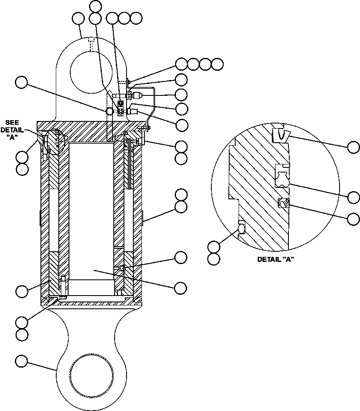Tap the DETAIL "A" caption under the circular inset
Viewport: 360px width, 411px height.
tap(276, 259)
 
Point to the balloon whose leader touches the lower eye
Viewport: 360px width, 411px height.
tap(21, 361)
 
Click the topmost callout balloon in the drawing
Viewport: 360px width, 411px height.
tap(96, 6)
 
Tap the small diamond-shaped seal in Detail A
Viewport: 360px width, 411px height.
tap(283, 204)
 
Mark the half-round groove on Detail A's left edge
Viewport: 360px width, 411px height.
tap(242, 228)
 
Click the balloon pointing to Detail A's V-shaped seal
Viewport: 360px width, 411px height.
tap(353, 147)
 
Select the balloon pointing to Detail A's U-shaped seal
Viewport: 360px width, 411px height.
tap(353, 197)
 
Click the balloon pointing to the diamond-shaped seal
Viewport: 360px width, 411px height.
tap(353, 219)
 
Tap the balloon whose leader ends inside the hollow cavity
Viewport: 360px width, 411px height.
tap(181, 287)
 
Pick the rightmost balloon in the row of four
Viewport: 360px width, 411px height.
tap(217, 64)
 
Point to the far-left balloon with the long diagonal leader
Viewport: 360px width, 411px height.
tap(21, 82)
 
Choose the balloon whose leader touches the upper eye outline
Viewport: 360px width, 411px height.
tap(78, 18)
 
